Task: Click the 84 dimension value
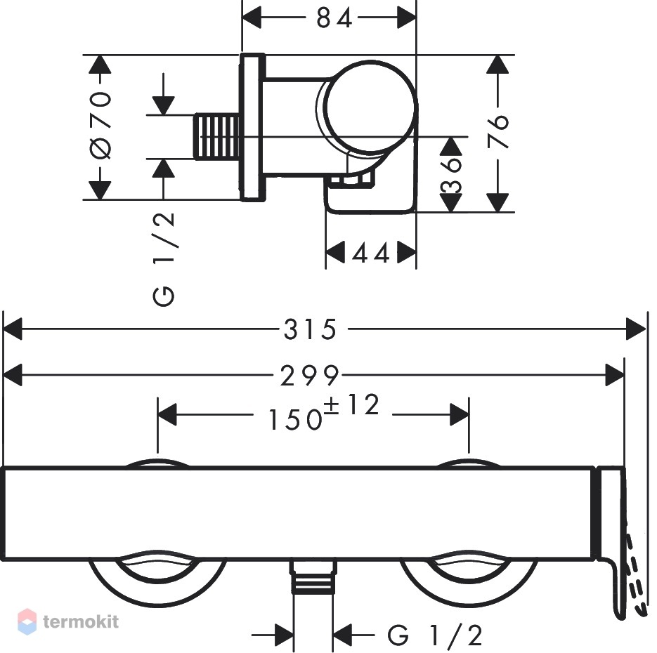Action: [x=334, y=18]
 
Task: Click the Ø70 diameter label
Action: [x=100, y=126]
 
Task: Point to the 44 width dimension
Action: [x=371, y=253]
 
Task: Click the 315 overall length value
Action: [x=310, y=329]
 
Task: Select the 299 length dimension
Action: [x=309, y=375]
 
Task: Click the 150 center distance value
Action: [x=294, y=419]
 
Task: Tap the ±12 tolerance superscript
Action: [x=351, y=404]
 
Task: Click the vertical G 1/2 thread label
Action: [x=164, y=260]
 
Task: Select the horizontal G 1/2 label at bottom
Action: [x=435, y=635]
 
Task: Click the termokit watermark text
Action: [x=81, y=621]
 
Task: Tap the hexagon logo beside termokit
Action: [x=27, y=621]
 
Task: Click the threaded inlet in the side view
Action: [x=217, y=137]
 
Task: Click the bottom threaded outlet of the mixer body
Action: [x=313, y=577]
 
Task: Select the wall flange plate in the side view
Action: [x=252, y=127]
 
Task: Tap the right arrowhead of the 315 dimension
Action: [x=636, y=329]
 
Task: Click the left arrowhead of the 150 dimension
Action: [x=167, y=414]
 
